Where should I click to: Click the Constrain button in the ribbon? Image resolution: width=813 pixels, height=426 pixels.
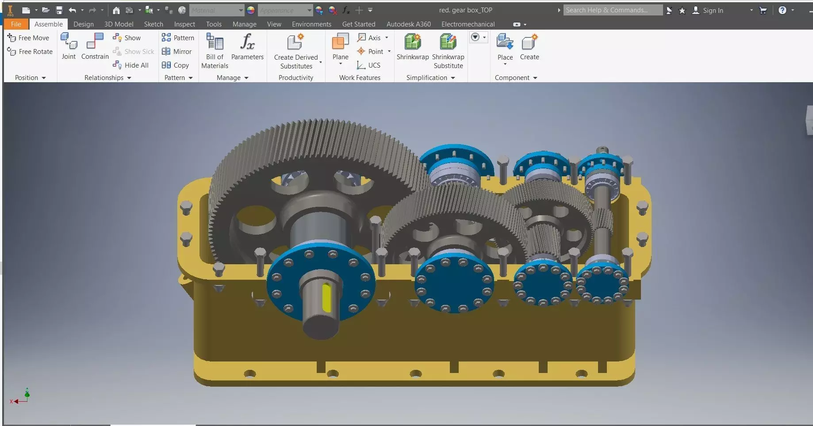[x=95, y=47]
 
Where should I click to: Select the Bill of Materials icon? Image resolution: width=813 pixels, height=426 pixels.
[x=215, y=42]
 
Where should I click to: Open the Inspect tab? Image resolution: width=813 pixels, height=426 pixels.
[x=184, y=24]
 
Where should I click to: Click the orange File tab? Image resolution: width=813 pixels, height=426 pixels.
[x=16, y=24]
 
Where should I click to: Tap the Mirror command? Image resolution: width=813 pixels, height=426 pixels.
[x=177, y=52]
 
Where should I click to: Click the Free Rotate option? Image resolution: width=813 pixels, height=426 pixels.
[x=30, y=52]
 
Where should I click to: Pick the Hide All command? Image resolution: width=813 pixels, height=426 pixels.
[x=131, y=65]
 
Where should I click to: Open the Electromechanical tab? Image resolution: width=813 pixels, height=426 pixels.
[x=468, y=24]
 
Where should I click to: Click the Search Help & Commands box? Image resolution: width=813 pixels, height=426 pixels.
[x=613, y=10]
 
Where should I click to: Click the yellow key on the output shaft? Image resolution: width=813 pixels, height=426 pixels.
[x=326, y=297]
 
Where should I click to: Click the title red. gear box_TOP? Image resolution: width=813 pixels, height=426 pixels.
[x=465, y=10]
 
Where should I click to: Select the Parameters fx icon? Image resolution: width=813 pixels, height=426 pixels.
[x=247, y=42]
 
